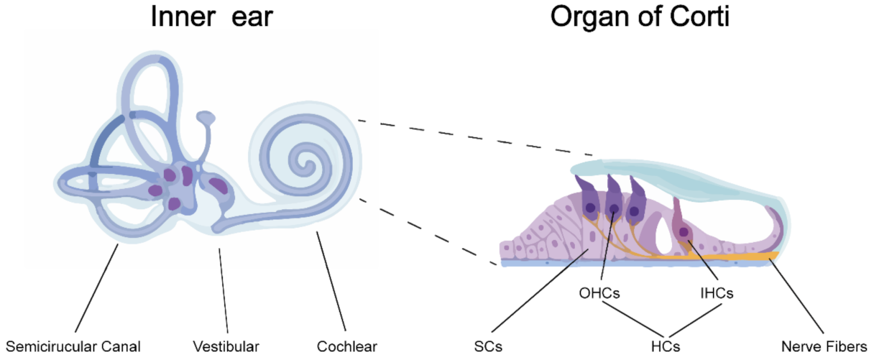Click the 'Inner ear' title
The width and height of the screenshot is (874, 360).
[x=211, y=17]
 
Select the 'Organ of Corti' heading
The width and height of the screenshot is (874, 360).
[x=640, y=17]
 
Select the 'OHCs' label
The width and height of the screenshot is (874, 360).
[x=600, y=293]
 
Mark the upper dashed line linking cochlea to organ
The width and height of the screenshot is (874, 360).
[x=474, y=137]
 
